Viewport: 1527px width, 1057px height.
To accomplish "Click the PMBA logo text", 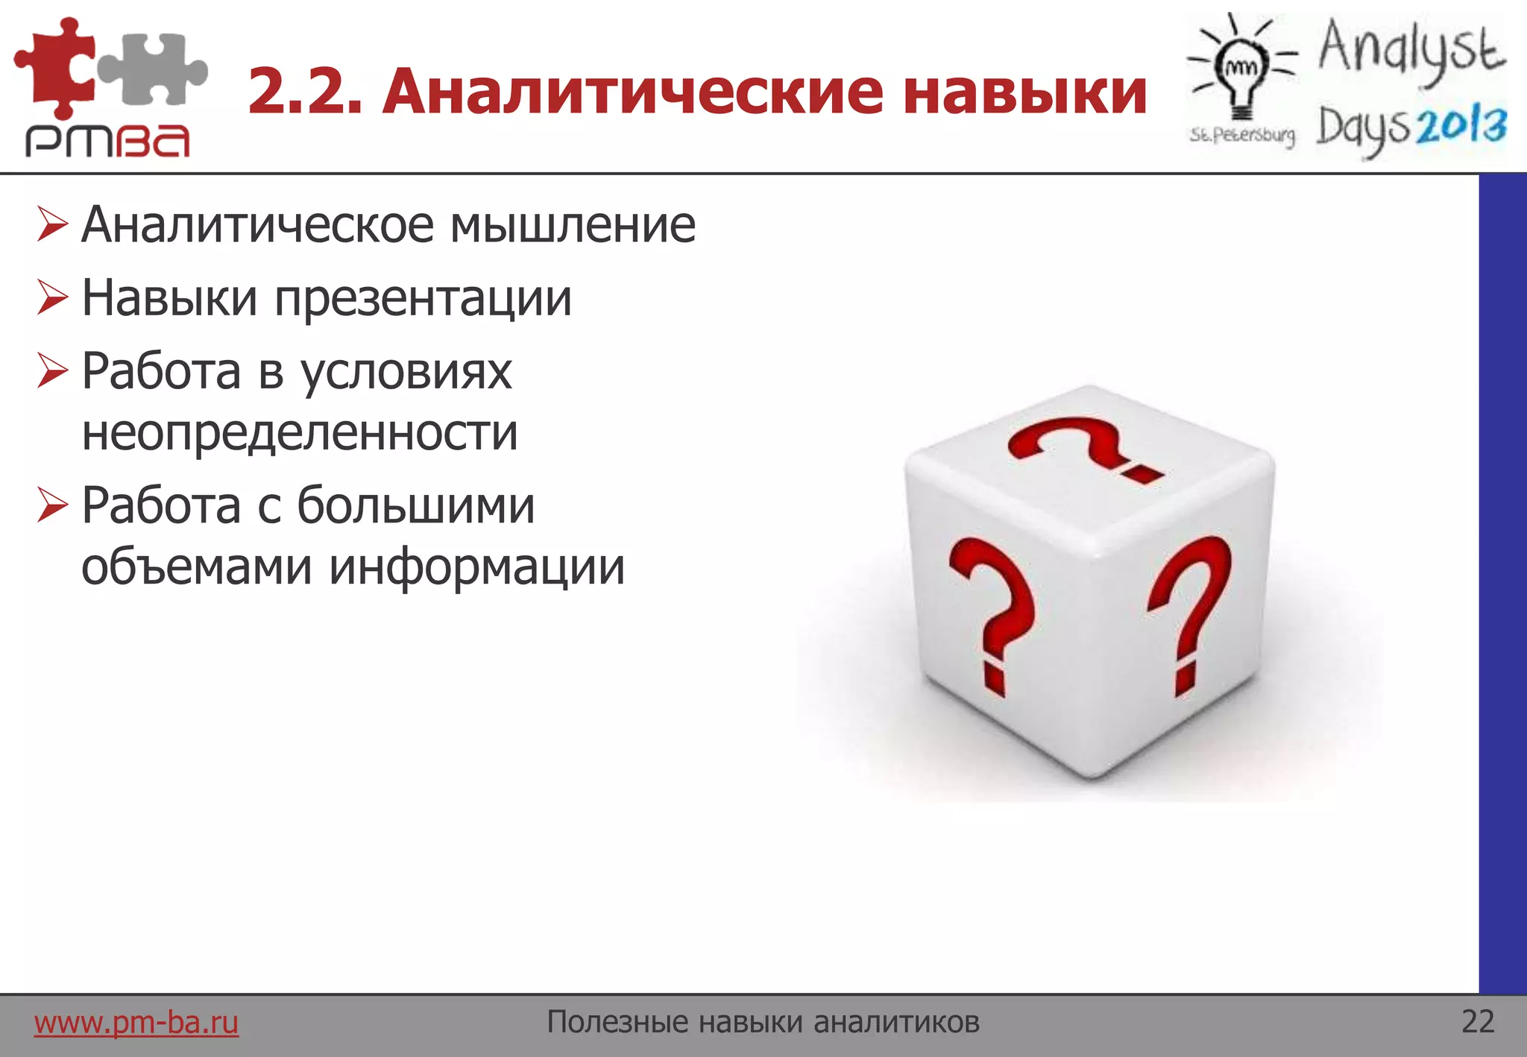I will pos(108,141).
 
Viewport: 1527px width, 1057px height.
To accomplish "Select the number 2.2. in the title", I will pos(305,92).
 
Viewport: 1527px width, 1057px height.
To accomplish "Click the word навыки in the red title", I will pos(1024,92).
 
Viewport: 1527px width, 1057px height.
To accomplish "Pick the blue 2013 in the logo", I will pos(1461,127).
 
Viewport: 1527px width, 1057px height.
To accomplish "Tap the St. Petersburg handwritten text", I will pos(1242,136).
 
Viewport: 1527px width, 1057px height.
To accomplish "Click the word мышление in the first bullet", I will pos(573,225).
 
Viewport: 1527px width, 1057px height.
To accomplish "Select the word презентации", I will pos(423,299).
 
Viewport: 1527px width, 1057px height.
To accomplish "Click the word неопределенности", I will pos(300,432).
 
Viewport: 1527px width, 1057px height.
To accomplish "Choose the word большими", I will pos(416,506).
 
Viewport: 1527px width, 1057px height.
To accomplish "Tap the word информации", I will pos(477,567).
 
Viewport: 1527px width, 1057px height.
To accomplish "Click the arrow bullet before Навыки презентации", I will pos(52,297).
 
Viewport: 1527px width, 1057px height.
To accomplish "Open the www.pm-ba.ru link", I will pos(136,1022).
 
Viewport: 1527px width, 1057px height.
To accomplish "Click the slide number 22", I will pos(1478,1021).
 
